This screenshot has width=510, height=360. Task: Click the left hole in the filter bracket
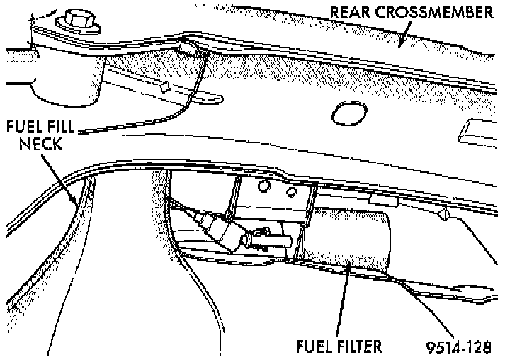(x=263, y=186)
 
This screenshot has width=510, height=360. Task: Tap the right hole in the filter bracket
(x=290, y=192)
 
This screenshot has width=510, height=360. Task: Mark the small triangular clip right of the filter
(x=446, y=213)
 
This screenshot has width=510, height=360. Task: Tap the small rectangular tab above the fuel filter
(x=394, y=203)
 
